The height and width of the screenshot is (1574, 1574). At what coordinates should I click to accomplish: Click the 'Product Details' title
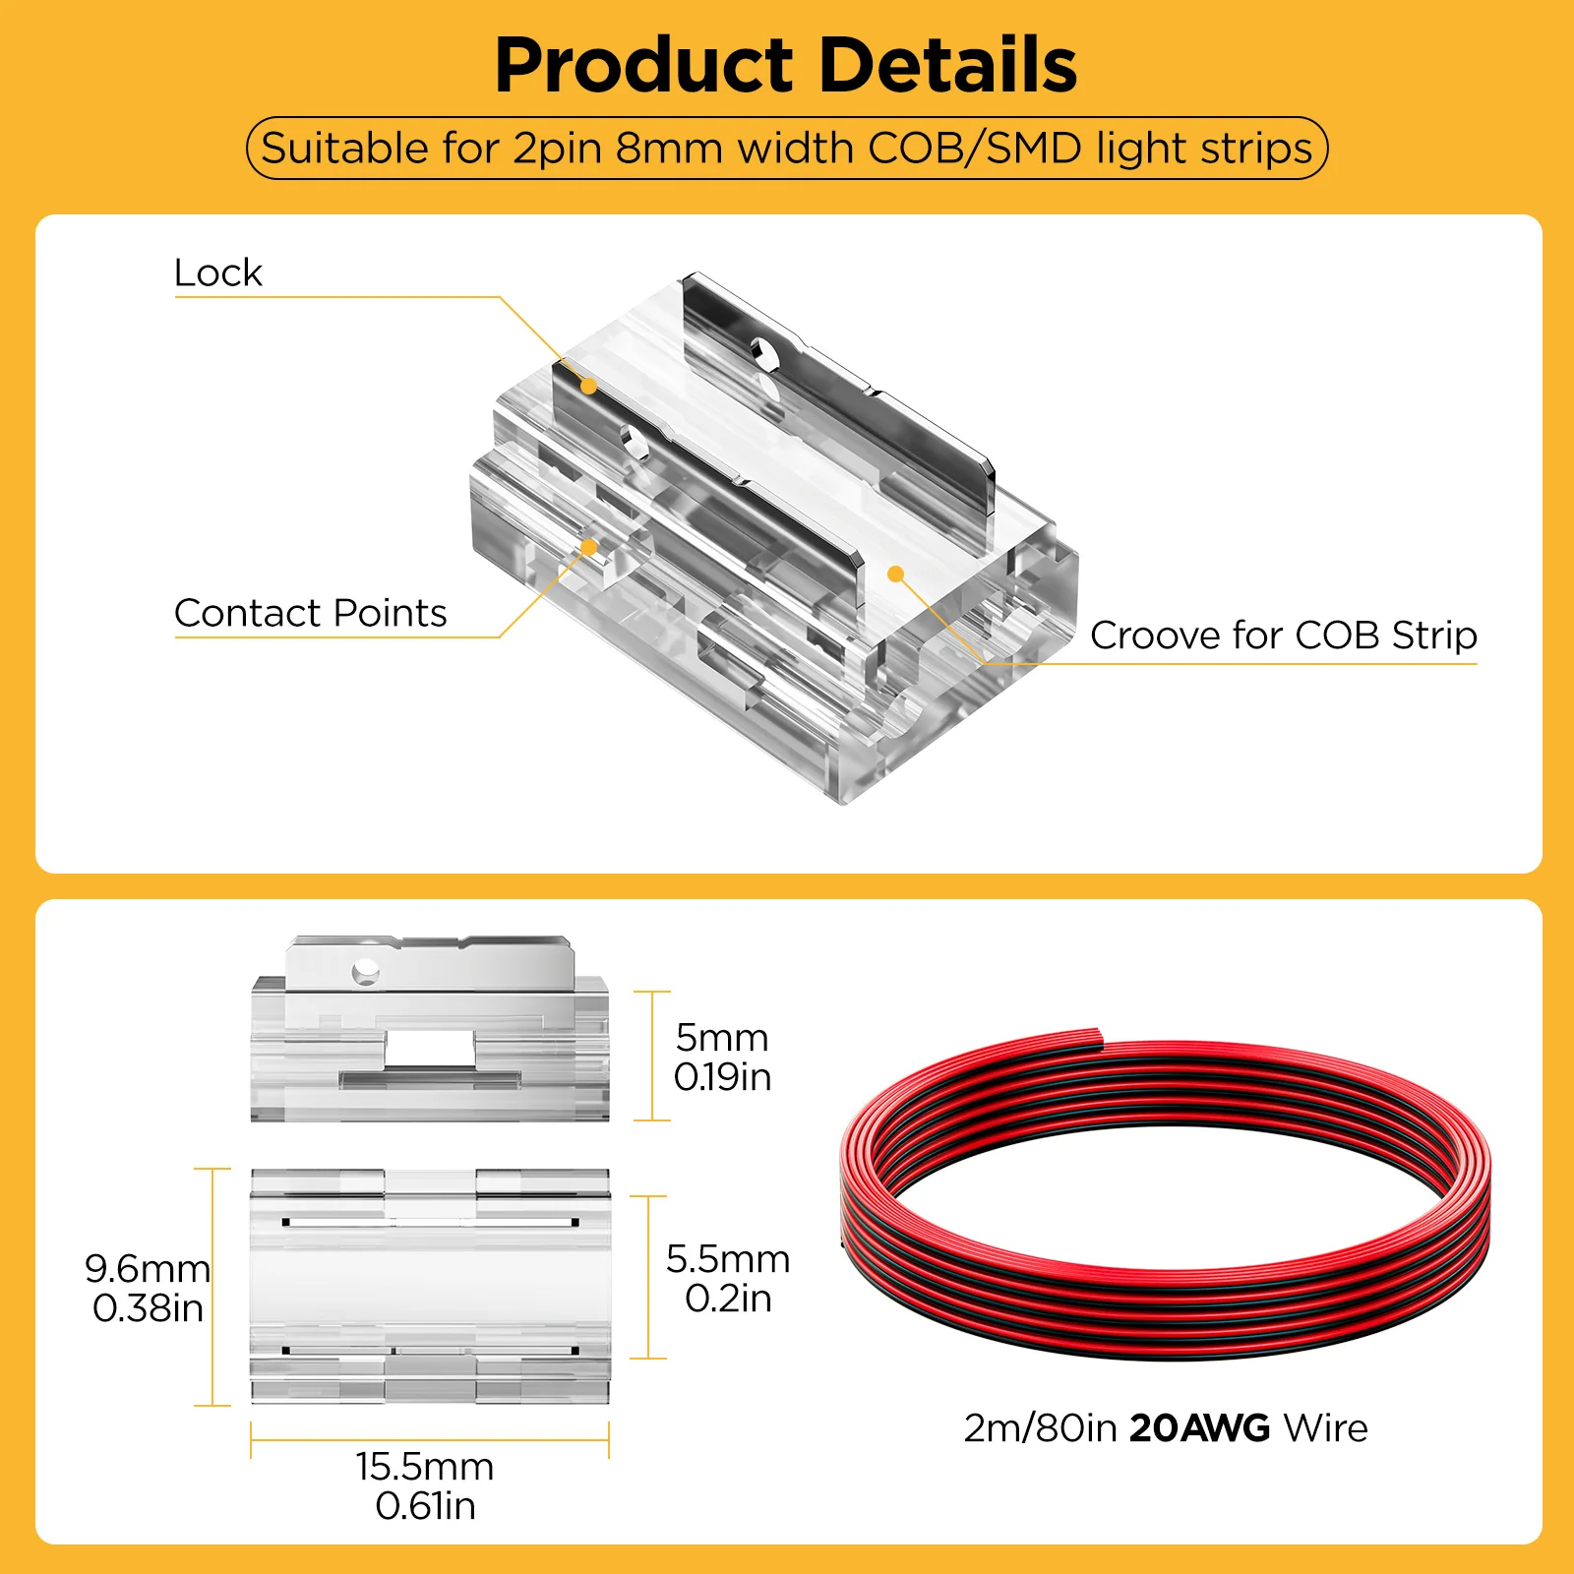[x=785, y=65]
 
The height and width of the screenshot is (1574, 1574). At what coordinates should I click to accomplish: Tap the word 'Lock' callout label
[x=217, y=272]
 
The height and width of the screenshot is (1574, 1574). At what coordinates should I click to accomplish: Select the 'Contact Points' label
[x=310, y=613]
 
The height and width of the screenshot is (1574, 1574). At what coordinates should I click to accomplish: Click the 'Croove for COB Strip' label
[x=1283, y=636]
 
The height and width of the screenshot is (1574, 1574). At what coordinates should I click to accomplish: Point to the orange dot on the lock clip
[x=588, y=386]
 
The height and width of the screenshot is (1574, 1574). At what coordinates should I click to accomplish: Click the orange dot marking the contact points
[x=588, y=547]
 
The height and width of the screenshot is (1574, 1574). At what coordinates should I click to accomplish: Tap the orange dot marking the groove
[x=895, y=574]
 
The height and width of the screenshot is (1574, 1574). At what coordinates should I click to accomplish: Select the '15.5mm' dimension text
[x=425, y=1467]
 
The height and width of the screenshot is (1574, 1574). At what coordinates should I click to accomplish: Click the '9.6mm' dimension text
[x=148, y=1269]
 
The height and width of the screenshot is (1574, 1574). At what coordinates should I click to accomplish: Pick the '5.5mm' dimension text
[x=728, y=1259]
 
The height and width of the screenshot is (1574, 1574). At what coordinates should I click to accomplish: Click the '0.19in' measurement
[x=722, y=1078]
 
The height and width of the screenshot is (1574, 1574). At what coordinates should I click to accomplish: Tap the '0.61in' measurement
[x=425, y=1506]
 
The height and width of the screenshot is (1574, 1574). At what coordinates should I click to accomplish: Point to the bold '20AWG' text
[x=1199, y=1428]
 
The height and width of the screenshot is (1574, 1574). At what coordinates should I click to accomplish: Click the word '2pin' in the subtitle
[x=557, y=149]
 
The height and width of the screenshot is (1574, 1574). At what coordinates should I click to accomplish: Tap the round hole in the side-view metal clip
[x=365, y=972]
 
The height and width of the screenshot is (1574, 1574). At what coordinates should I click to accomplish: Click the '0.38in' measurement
[x=148, y=1308]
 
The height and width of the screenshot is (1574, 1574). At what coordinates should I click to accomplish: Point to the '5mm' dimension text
[x=722, y=1038]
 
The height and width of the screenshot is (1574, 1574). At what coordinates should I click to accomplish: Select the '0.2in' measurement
[x=728, y=1300]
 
